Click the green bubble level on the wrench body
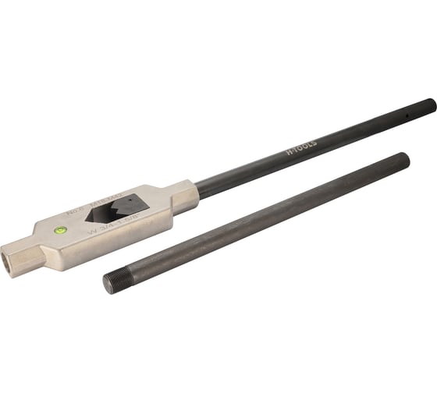point(60,230)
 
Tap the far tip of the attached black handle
point(432,102)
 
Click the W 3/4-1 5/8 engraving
point(108,226)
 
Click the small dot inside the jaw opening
point(130,200)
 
